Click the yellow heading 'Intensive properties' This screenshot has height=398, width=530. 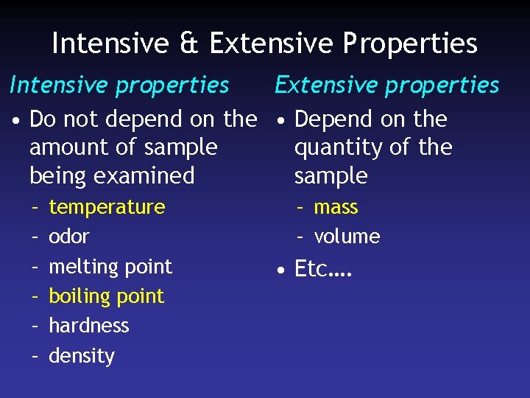tap(119, 85)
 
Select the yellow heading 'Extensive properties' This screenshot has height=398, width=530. tap(387, 85)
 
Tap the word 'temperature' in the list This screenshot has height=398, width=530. tap(107, 207)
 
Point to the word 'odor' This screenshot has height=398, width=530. tap(68, 237)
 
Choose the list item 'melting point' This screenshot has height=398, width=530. tap(110, 267)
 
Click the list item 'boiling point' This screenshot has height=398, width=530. tap(107, 296)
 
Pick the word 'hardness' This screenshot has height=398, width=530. tap(88, 326)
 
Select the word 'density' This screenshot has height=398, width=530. tap(82, 356)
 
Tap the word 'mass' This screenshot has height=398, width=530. tap(336, 207)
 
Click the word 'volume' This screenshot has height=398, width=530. tap(347, 237)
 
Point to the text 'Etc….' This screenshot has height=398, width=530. tap(323, 270)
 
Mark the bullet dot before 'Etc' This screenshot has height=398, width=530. tap(281, 270)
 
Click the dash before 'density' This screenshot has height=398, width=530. tap(35, 356)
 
